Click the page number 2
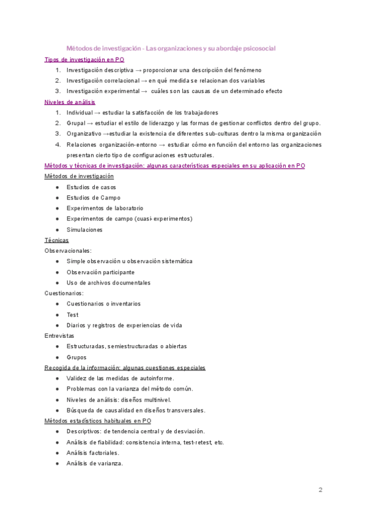point(320,490)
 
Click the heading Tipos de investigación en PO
point(84,59)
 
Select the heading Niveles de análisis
point(70,102)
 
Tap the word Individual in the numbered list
point(80,113)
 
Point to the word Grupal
point(76,123)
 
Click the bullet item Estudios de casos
point(91,187)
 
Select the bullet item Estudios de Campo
point(94,198)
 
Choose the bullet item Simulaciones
point(84,230)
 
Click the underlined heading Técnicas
point(57,240)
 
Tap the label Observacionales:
point(68,250)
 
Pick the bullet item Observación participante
point(100,272)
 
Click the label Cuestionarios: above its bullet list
point(64,293)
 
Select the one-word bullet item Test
point(73,315)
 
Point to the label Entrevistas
point(59,336)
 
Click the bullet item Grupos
point(76,357)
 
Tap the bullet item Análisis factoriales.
point(93,452)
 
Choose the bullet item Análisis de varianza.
point(95,463)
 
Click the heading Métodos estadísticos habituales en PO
point(98,420)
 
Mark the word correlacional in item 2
point(122,81)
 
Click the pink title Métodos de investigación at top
point(102,48)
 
